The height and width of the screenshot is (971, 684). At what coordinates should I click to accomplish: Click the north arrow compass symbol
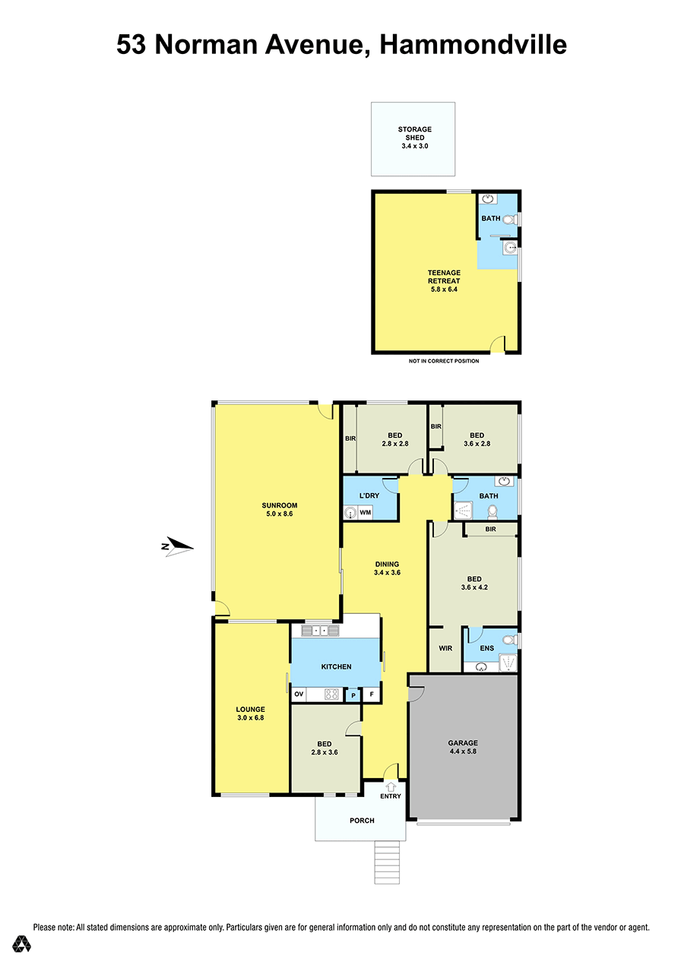(x=176, y=546)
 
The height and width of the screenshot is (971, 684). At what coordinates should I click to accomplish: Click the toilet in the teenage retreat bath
(x=511, y=220)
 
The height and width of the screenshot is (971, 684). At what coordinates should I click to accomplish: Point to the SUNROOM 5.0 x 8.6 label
(x=280, y=509)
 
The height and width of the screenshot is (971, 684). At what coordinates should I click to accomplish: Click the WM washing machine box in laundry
(x=366, y=512)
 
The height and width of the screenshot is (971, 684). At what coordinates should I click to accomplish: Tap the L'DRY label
(x=369, y=495)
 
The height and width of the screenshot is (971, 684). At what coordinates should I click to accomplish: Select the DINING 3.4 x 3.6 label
(x=387, y=568)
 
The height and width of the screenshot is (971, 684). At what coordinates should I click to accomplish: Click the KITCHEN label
(x=336, y=666)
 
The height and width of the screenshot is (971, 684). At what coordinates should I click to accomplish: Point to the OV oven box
(x=299, y=694)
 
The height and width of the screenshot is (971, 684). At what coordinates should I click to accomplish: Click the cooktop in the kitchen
(x=332, y=694)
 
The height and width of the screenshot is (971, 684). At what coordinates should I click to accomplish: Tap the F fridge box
(x=372, y=694)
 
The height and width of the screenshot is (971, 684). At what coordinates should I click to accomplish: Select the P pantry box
(x=353, y=695)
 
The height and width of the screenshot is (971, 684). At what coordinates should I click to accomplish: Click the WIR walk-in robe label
(x=445, y=648)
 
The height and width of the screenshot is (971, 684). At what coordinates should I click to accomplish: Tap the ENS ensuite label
(x=486, y=648)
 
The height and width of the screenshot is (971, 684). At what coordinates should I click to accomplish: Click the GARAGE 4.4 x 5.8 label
(x=463, y=747)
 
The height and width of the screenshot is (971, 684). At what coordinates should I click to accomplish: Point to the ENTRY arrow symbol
(x=391, y=786)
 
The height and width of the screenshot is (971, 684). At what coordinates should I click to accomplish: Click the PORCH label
(x=362, y=820)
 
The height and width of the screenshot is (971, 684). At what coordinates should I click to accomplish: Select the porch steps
(x=386, y=862)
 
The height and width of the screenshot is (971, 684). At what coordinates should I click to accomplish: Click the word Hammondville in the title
(x=473, y=45)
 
